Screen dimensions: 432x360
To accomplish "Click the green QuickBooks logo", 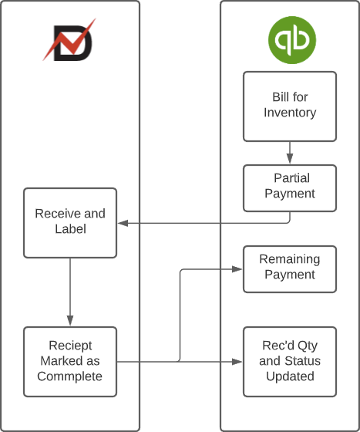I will coord(291,40).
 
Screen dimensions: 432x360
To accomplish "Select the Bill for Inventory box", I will coord(290,106).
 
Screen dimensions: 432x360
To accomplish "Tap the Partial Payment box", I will coord(290,187).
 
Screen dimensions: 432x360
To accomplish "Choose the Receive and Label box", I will coord(70,222).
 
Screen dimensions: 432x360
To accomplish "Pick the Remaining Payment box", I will coord(290,268).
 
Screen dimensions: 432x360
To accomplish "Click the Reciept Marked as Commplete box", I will coord(70,361).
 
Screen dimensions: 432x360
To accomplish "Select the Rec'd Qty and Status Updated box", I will coord(290,361).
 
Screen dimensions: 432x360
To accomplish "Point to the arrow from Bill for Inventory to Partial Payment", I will coord(290,153).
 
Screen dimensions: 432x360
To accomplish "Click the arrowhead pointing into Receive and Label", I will coord(122,224).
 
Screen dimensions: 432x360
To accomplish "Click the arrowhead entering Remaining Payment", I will coord(238,268).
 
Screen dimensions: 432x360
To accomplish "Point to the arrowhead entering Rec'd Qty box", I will coord(238,361).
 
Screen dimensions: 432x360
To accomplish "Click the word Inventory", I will coord(290,113).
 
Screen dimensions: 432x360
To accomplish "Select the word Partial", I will coord(291,178).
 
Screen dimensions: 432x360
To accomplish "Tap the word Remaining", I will coord(289,259).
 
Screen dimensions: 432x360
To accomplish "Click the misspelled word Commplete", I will coord(70,376).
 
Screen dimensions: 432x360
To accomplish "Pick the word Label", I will coord(70,229).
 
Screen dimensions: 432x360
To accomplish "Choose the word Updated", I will coord(290,376).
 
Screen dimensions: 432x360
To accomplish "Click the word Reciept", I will coord(70,346).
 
